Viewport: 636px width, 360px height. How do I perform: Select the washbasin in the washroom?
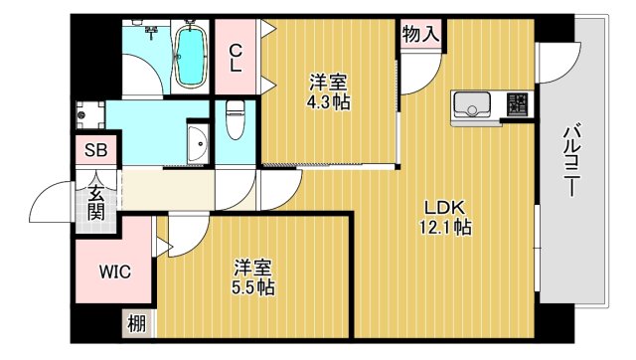(197, 145)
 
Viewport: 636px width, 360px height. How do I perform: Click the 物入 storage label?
(419, 34)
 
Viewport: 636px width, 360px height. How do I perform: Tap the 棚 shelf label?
(134, 323)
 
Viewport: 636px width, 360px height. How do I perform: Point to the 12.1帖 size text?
(446, 228)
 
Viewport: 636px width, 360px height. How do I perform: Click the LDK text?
(444, 208)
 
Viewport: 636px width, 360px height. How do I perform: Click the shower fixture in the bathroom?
(151, 32)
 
